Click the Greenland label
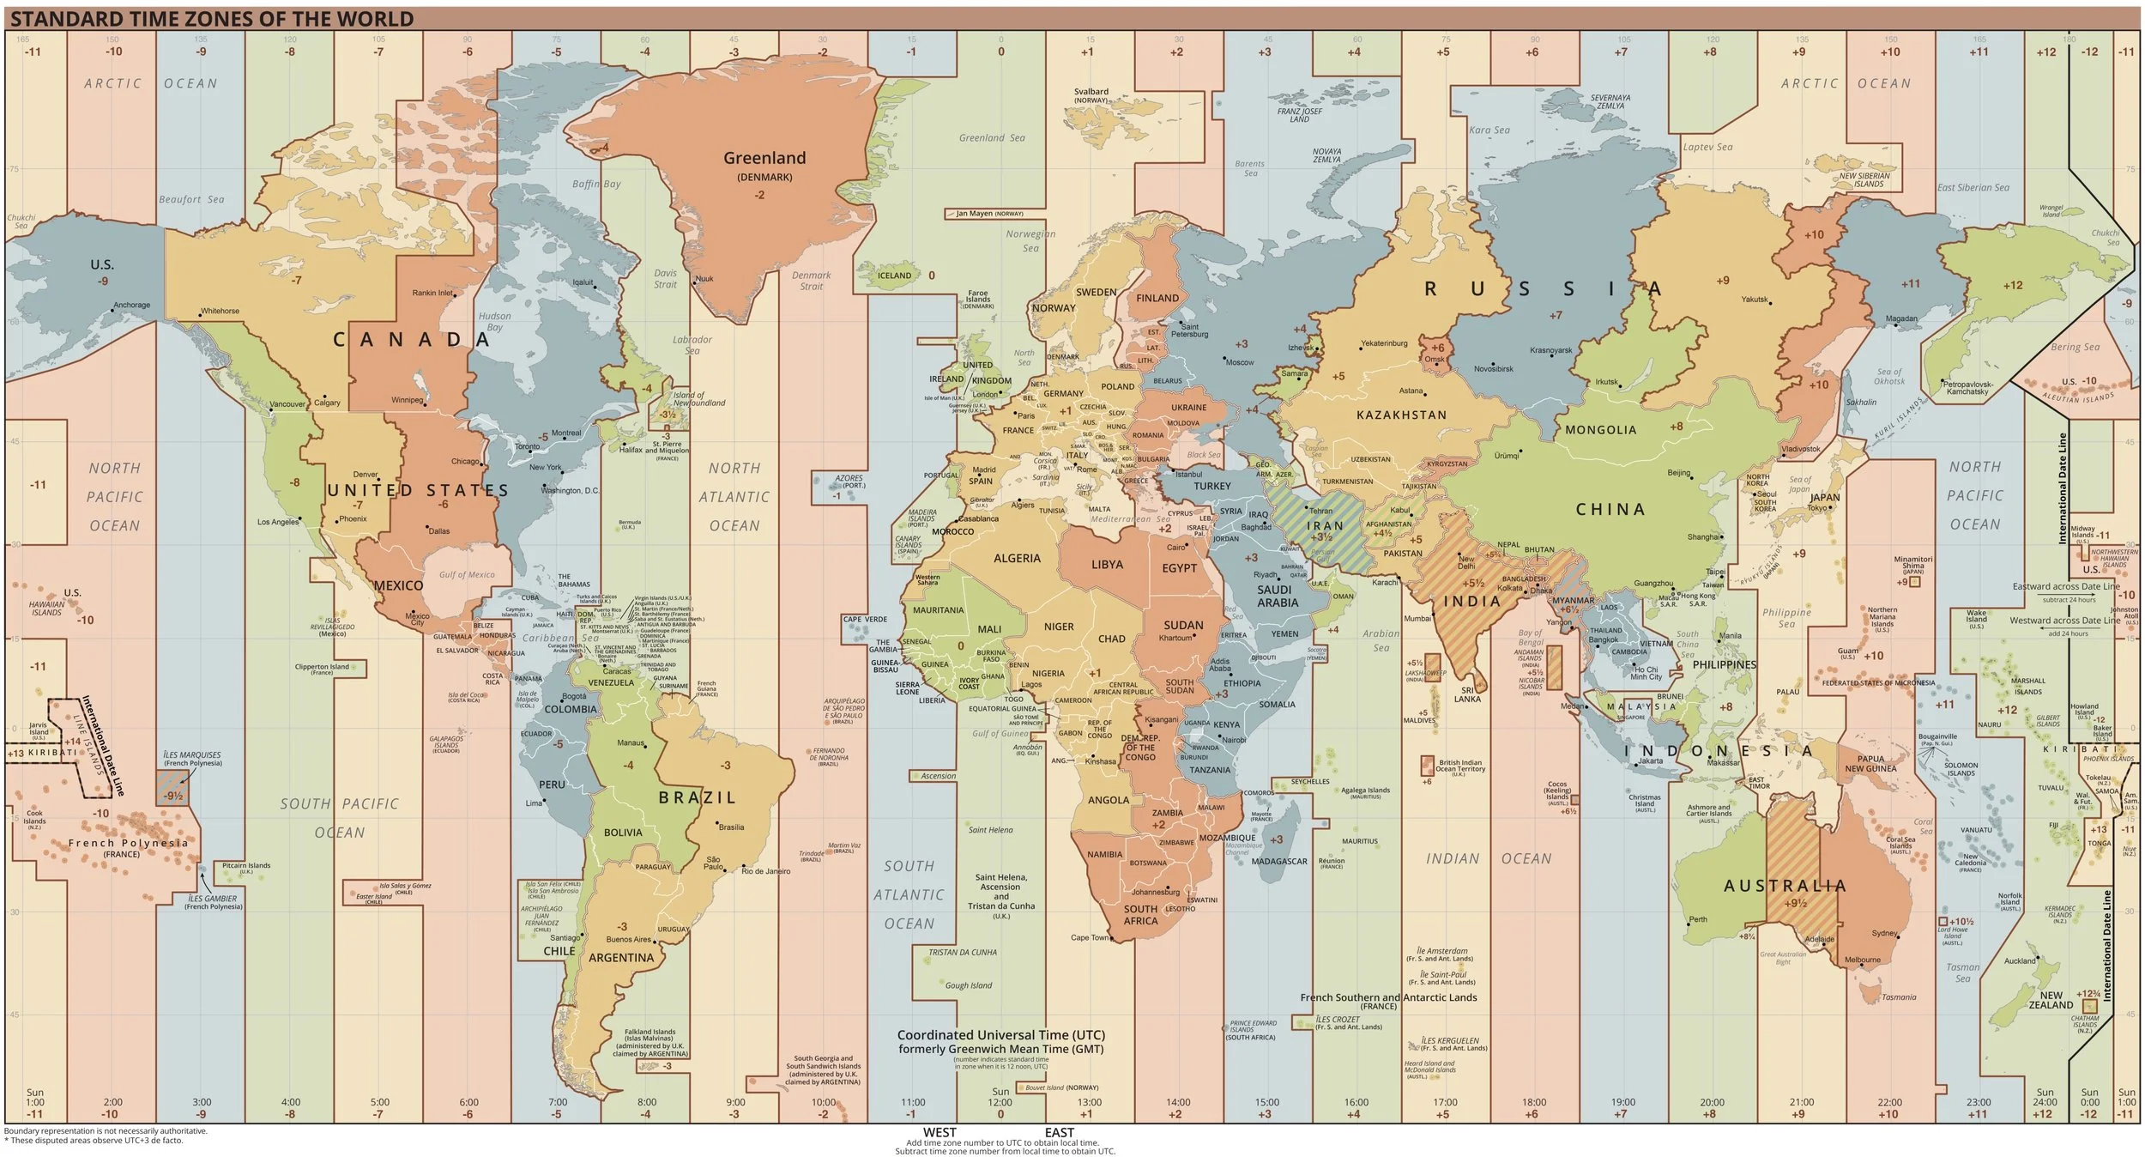pyautogui.click(x=764, y=158)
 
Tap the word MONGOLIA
pyautogui.click(x=1600, y=430)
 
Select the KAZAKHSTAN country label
pyautogui.click(x=1401, y=415)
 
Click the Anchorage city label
pyautogui.click(x=131, y=306)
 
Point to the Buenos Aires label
pyautogui.click(x=629, y=939)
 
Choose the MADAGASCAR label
pyautogui.click(x=1279, y=861)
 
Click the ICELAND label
pyautogui.click(x=894, y=276)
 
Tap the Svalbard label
pyautogui.click(x=1091, y=92)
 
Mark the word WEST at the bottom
pyautogui.click(x=940, y=1132)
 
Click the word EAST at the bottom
pyautogui.click(x=1059, y=1132)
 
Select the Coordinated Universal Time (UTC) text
pyautogui.click(x=1000, y=1035)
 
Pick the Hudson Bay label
pyautogui.click(x=494, y=321)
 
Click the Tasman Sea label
pyautogui.click(x=1962, y=972)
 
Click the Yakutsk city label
pyautogui.click(x=1755, y=300)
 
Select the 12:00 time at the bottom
pyautogui.click(x=1000, y=1102)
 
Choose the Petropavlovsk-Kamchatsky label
pyautogui.click(x=1967, y=388)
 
